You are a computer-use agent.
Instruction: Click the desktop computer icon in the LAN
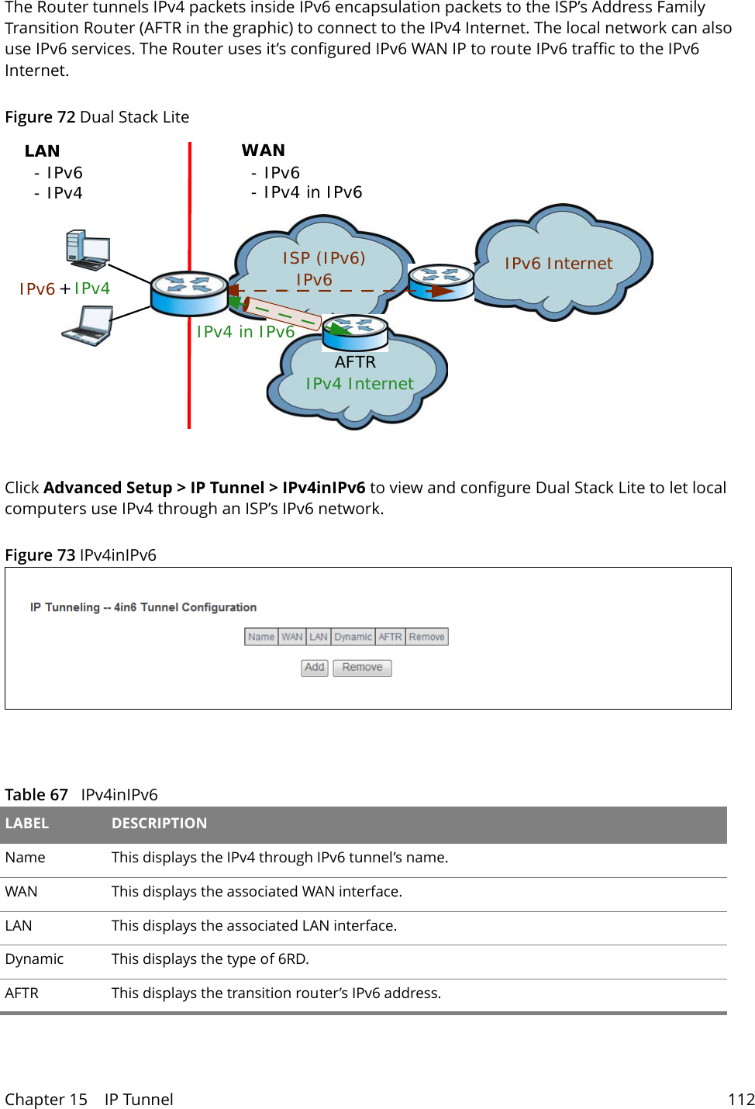[88, 250]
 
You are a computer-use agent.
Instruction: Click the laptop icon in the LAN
[88, 326]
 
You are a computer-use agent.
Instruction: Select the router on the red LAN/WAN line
[188, 293]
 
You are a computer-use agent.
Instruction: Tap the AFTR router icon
[356, 332]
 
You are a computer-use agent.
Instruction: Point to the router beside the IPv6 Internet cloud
[440, 282]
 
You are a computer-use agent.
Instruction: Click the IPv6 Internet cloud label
[558, 264]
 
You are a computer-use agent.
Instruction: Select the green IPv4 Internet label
[359, 384]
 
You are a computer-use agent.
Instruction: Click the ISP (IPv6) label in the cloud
[323, 257]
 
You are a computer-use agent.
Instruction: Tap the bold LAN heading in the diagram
[42, 151]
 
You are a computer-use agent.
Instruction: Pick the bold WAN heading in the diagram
[263, 150]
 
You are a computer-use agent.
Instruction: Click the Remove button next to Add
[362, 668]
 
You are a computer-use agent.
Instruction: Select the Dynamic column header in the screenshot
[353, 637]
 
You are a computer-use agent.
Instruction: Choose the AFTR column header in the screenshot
[390, 637]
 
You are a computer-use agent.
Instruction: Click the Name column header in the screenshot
[261, 637]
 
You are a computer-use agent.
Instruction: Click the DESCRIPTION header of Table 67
[159, 824]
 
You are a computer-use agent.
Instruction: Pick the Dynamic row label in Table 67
[34, 959]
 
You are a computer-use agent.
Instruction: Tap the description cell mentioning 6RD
[210, 959]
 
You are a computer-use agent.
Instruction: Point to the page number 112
[740, 1100]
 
